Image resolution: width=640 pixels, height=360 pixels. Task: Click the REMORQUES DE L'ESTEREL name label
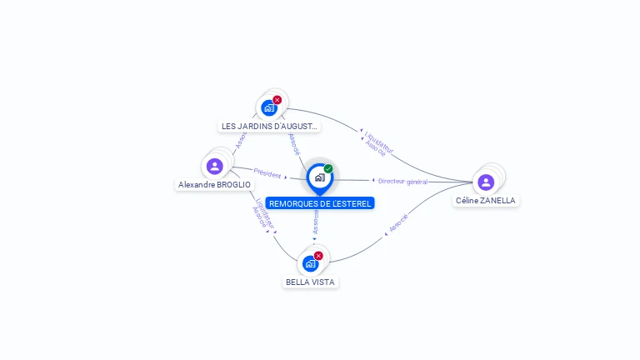320,203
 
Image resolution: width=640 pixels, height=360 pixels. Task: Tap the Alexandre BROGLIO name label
214,184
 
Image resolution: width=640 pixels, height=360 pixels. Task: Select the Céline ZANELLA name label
486,200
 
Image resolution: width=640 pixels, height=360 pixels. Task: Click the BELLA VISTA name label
310,282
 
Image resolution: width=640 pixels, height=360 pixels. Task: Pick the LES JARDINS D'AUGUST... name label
269,126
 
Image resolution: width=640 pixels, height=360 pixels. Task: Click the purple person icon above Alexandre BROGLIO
215,166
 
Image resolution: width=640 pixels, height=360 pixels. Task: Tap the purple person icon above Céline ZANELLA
486,182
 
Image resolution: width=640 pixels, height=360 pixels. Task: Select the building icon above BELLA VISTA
310,263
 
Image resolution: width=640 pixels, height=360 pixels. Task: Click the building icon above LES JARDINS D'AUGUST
268,107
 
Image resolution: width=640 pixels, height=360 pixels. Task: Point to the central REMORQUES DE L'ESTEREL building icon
319,177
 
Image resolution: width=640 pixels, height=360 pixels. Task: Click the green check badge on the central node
328,168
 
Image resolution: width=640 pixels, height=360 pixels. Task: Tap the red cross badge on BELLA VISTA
318,256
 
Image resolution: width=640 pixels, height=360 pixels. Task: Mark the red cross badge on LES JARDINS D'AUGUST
277,100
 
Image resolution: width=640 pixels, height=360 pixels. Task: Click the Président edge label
267,174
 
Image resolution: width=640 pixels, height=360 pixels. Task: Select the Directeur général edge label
403,181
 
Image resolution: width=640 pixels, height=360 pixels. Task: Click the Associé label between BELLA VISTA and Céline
399,222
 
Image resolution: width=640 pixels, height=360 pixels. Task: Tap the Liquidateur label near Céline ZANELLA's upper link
380,141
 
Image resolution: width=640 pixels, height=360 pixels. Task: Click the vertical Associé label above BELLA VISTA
315,221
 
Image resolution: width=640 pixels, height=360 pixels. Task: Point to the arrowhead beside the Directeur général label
373,180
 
